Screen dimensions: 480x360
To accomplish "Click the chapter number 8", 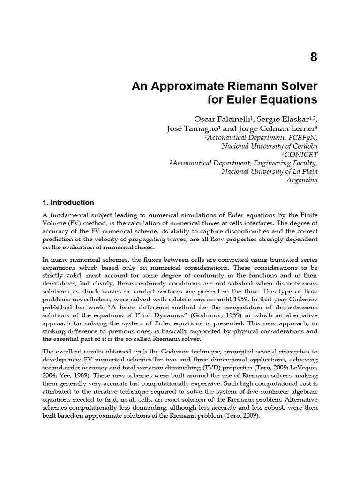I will click(314, 58).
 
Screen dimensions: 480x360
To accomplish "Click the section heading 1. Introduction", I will click(68, 203).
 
